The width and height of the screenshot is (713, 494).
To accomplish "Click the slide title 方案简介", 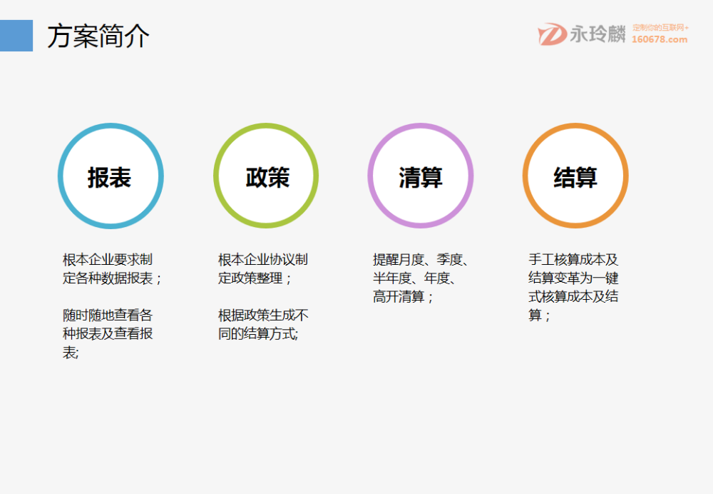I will pyautogui.click(x=98, y=36).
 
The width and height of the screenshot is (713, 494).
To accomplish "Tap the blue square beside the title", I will pyautogui.click(x=16, y=36).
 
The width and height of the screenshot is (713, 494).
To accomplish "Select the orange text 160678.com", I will pyautogui.click(x=660, y=40).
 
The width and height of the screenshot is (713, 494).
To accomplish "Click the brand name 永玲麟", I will pyautogui.click(x=597, y=34).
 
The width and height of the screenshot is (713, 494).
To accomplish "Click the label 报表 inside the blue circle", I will pyautogui.click(x=110, y=177).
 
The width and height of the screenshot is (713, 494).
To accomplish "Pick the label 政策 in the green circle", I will pyautogui.click(x=267, y=177).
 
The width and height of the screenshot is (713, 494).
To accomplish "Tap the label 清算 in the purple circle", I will pyautogui.click(x=421, y=177).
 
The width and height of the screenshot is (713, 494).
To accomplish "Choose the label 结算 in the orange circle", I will pyautogui.click(x=575, y=177).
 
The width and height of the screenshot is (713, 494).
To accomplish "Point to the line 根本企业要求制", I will pyautogui.click(x=108, y=260).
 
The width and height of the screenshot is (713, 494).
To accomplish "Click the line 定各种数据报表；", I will pyautogui.click(x=112, y=278).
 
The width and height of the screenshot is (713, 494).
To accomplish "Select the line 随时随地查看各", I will pyautogui.click(x=108, y=316).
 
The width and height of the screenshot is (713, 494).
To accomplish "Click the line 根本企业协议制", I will pyautogui.click(x=263, y=260).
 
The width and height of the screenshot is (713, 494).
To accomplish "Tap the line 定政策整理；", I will pyautogui.click(x=255, y=278).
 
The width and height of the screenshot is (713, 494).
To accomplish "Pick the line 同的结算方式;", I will pyautogui.click(x=258, y=334).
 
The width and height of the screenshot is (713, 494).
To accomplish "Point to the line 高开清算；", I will pyautogui.click(x=403, y=297).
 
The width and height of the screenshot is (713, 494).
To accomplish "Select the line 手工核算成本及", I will pyautogui.click(x=573, y=260).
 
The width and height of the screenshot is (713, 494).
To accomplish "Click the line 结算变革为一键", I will pyautogui.click(x=573, y=278).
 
